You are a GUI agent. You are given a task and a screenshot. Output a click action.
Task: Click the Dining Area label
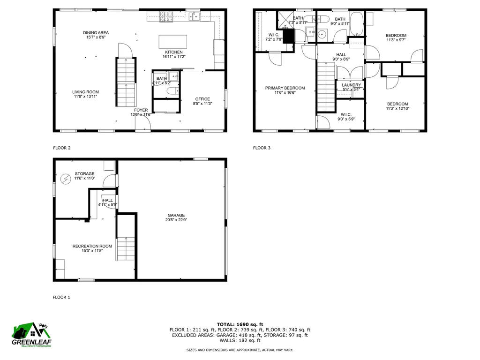click(96, 35)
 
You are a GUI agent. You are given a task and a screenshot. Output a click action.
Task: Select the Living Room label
click(85, 94)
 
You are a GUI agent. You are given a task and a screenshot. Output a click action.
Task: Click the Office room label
click(202, 101)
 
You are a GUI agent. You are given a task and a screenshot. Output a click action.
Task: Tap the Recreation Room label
click(92, 248)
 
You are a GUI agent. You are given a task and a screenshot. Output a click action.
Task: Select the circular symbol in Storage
click(65, 178)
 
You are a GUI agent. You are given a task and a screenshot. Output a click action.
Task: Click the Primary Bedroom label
click(285, 90)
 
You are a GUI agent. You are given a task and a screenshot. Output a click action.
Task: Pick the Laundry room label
click(351, 87)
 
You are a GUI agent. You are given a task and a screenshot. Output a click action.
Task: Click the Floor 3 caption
click(262, 148)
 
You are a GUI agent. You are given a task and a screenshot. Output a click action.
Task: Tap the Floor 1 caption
click(61, 297)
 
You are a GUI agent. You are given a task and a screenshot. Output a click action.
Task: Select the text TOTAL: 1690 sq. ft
click(240, 324)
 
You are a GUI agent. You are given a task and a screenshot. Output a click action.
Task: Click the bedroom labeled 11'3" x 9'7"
click(396, 37)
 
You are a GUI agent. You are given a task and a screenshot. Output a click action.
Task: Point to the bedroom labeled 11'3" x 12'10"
click(397, 106)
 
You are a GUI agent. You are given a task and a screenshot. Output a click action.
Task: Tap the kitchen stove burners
click(166, 17)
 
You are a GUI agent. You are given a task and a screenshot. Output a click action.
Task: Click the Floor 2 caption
click(61, 148)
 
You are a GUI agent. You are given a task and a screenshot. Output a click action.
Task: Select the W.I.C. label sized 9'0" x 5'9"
click(346, 116)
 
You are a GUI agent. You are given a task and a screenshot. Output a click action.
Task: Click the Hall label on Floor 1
click(107, 202)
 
